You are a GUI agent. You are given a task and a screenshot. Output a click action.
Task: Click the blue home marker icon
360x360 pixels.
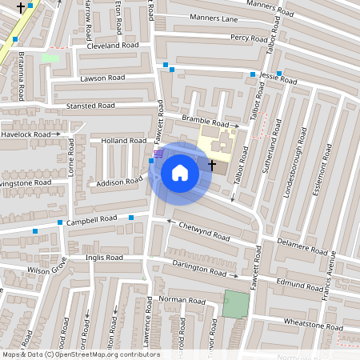[180, 173]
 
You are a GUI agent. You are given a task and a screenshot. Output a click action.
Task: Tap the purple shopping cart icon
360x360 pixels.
[158, 152]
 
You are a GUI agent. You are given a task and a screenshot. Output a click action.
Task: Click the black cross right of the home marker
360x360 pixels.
[212, 164]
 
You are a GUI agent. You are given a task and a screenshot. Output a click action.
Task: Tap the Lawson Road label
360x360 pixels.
[102, 78]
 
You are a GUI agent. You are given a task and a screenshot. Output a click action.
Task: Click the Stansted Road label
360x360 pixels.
[90, 106]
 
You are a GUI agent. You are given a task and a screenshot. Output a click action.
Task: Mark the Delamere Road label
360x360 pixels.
[303, 244]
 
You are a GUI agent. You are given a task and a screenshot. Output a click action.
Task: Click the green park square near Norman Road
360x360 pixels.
[235, 305]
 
